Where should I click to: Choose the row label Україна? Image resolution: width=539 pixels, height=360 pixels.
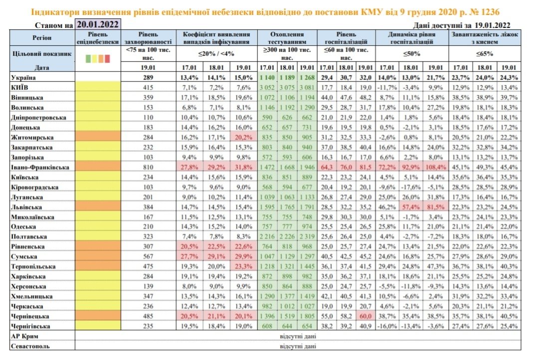(x=24, y=77)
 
